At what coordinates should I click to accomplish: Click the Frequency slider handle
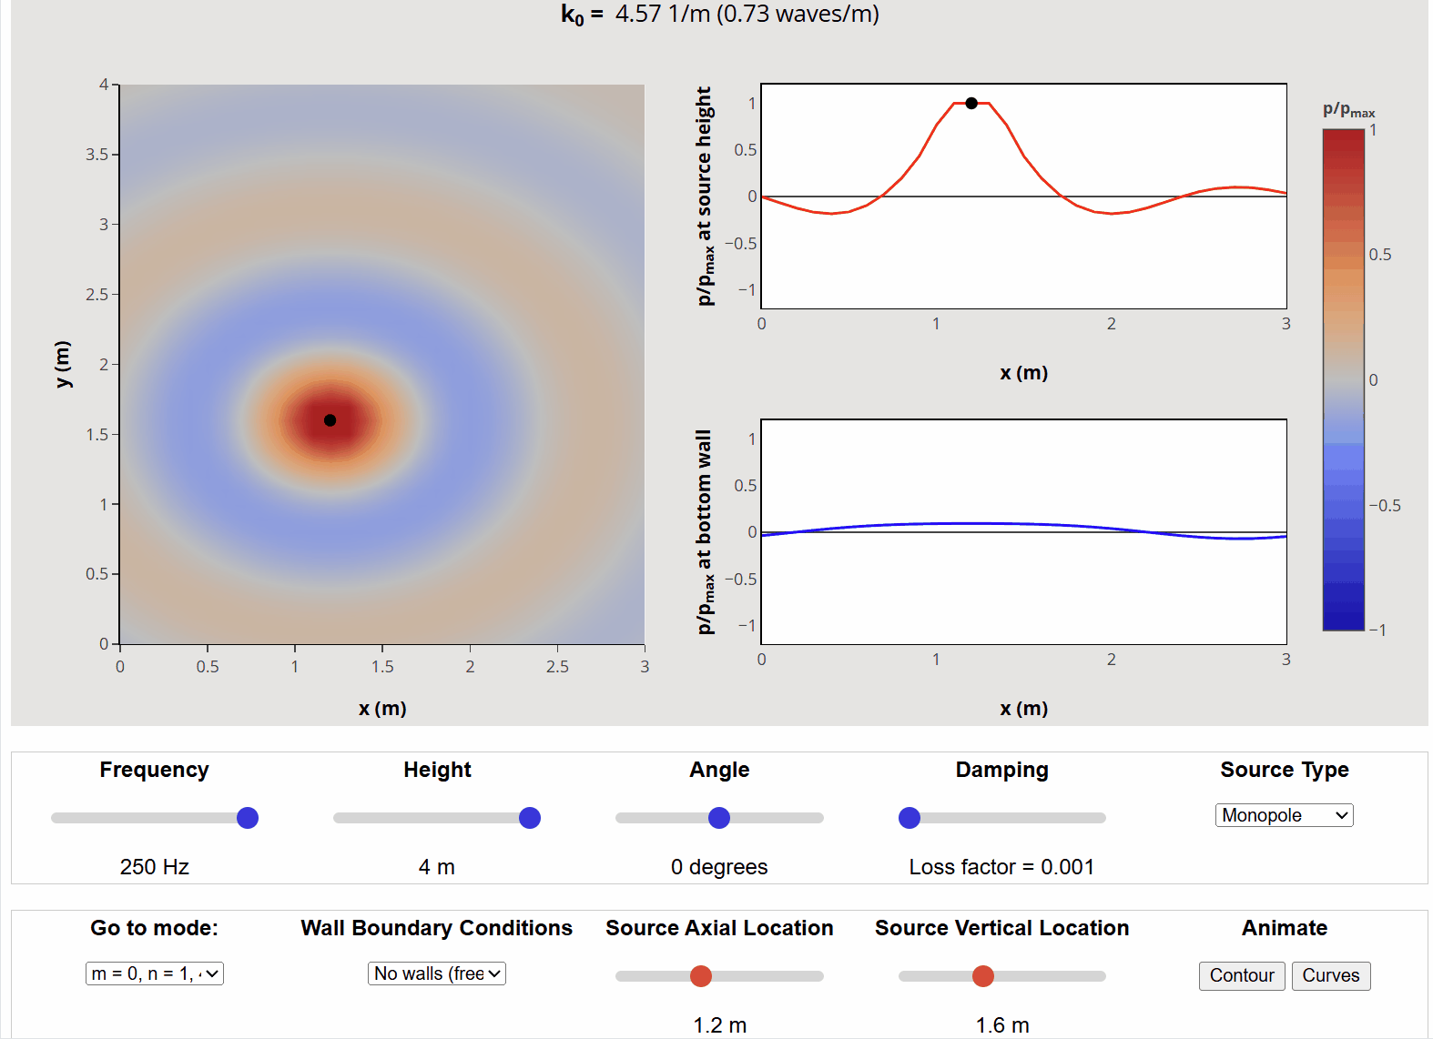[x=248, y=818]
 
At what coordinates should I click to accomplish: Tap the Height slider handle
[x=530, y=818]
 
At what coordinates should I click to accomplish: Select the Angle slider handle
[x=719, y=818]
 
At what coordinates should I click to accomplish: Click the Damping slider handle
[x=910, y=818]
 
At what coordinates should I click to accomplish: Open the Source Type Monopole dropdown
[x=1284, y=815]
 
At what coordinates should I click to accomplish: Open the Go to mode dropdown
[x=155, y=973]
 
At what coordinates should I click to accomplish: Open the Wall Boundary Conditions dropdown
[x=437, y=973]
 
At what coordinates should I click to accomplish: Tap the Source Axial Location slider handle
[x=701, y=976]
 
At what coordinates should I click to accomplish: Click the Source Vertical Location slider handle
[x=983, y=976]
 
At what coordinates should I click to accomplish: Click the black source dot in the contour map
[x=330, y=420]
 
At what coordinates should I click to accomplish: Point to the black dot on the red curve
[x=971, y=104]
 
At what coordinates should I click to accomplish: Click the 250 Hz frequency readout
[x=155, y=867]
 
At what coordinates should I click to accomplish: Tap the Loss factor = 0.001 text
[x=1001, y=867]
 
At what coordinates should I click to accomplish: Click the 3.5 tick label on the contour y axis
[x=97, y=155]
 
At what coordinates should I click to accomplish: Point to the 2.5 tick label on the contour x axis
[x=557, y=667]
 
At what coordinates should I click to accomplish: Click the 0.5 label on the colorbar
[x=1380, y=255]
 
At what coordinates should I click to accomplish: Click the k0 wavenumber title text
[x=719, y=15]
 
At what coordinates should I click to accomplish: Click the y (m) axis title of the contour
[x=62, y=364]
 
